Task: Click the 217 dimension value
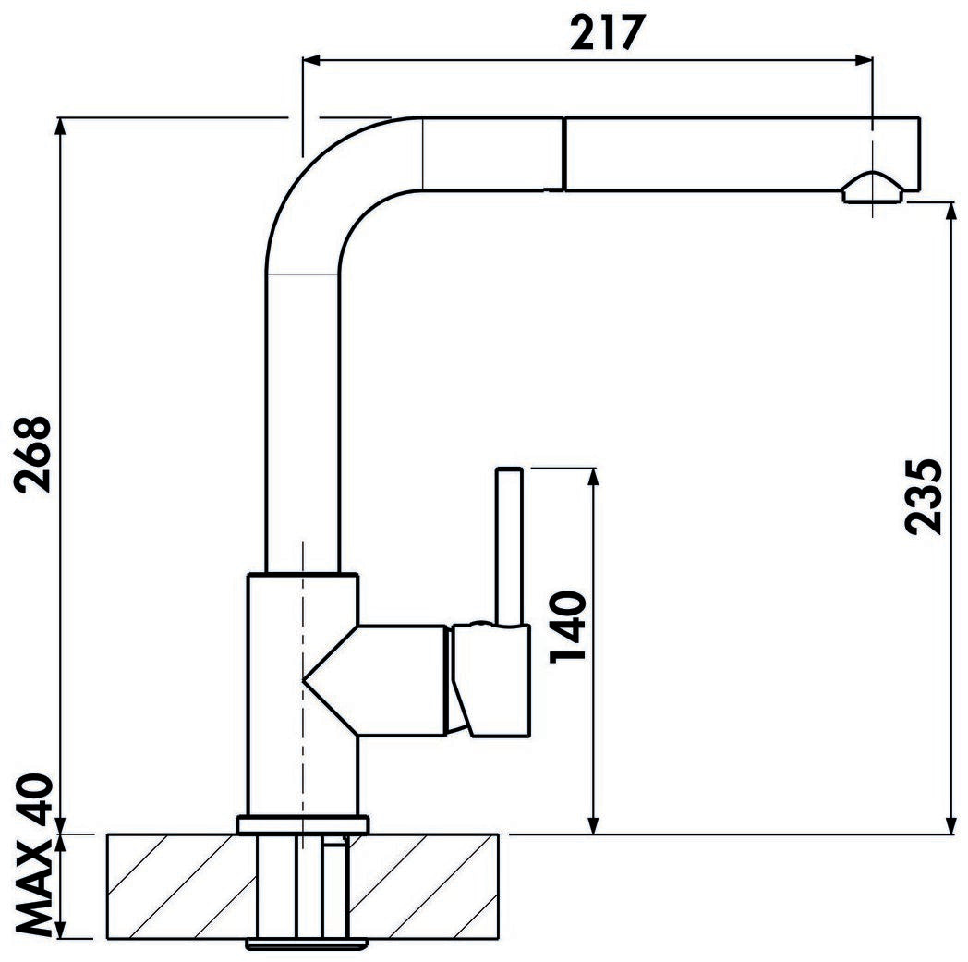pyautogui.click(x=605, y=33)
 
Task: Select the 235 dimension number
pyautogui.click(x=924, y=495)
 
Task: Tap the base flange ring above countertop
pyautogui.click(x=302, y=824)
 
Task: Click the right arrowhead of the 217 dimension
pyautogui.click(x=865, y=61)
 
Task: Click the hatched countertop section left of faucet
pyautogui.click(x=175, y=885)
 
